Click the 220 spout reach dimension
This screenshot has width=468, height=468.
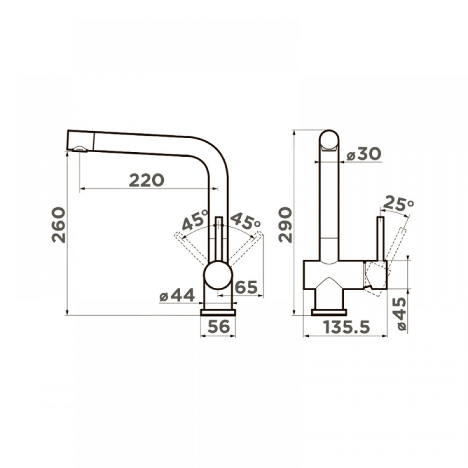pos(147,180)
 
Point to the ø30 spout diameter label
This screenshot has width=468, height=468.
pos(364,154)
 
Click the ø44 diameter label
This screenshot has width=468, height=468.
pos(177,295)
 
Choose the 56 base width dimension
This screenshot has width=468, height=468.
pos(219,326)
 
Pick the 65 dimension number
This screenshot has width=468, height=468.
pos(246,287)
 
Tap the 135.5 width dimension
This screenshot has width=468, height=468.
pos(346,327)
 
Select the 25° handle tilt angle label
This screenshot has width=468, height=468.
pos(398,203)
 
